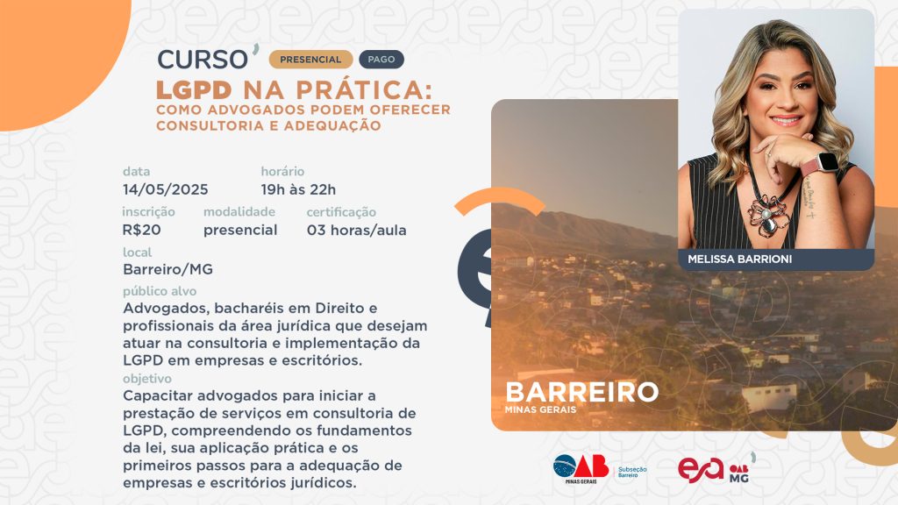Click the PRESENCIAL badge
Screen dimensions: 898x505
pos(310,60)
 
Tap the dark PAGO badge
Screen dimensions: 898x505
pos(381,60)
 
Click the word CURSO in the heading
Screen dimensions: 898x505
pos(203,60)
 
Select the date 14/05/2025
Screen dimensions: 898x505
pos(166,189)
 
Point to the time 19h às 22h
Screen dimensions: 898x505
pos(298,189)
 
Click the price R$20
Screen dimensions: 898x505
pos(141,231)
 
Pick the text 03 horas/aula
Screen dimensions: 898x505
pos(357,231)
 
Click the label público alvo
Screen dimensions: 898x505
pos(160,291)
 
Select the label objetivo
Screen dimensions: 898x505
pos(147,379)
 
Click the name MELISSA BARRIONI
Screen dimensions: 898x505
pos(740,260)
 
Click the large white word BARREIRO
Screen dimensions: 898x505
pos(582,392)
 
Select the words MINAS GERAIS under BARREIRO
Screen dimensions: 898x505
pos(540,410)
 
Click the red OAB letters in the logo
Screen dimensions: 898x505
pos(591,466)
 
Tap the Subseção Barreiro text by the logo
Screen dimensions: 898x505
pos(632,472)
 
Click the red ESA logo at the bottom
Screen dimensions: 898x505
pos(701,470)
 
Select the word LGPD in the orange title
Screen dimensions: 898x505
pos(194,90)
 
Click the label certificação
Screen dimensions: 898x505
pos(341,212)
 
